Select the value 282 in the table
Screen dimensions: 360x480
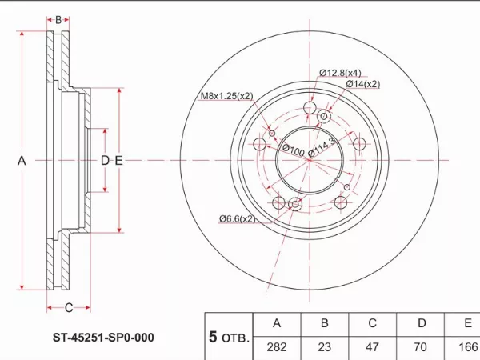pos(278,347)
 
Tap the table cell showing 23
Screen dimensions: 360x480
pos(324,347)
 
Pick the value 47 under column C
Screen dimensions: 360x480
pos(372,347)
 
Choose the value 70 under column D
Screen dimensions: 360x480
pos(421,347)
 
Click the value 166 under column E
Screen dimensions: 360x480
pos(466,347)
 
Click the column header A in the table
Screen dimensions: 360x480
pos(278,323)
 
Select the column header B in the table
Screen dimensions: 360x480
pos(324,323)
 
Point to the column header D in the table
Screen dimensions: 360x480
pos(421,323)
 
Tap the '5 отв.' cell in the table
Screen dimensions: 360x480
pos(229,336)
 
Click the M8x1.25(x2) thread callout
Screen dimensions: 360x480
pos(226,98)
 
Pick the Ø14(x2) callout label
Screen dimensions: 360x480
pos(362,83)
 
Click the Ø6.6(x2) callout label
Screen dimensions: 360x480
pos(238,218)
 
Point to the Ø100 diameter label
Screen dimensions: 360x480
pos(293,150)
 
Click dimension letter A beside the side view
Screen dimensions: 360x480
pos(22,162)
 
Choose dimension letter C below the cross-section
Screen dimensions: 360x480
pos(68,307)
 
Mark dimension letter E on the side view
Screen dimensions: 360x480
pos(118,162)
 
